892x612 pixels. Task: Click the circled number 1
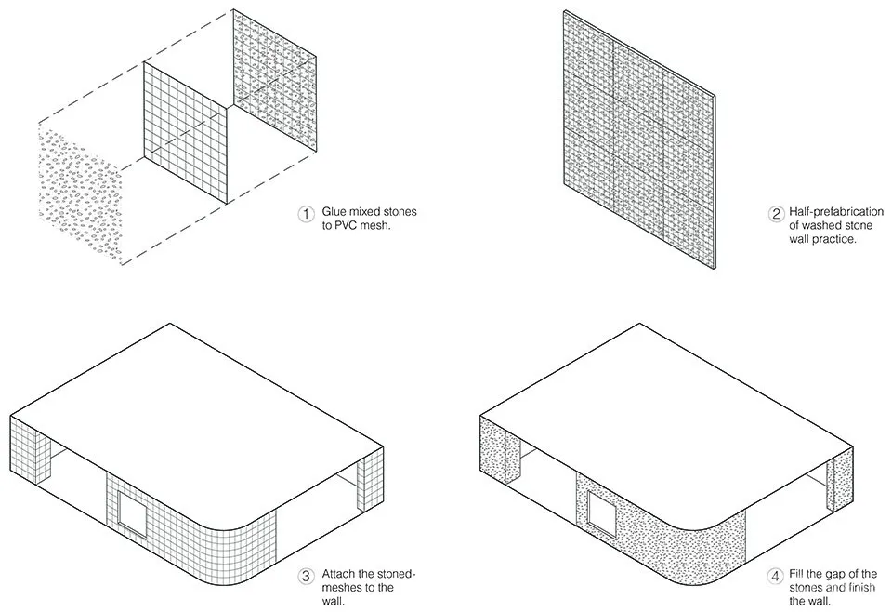pos(306,214)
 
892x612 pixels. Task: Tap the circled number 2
pos(776,214)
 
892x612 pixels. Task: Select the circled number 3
pos(306,576)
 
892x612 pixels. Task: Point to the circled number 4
pos(776,576)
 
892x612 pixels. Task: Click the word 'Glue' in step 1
pos(334,212)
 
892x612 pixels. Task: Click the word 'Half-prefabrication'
pos(836,212)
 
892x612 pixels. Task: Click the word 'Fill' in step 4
pos(797,574)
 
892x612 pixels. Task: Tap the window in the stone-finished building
pos(602,514)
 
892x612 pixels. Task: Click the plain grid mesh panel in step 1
pos(185,133)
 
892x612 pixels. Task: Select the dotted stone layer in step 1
pos(80,193)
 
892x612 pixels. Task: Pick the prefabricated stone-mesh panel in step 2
pos(639,139)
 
